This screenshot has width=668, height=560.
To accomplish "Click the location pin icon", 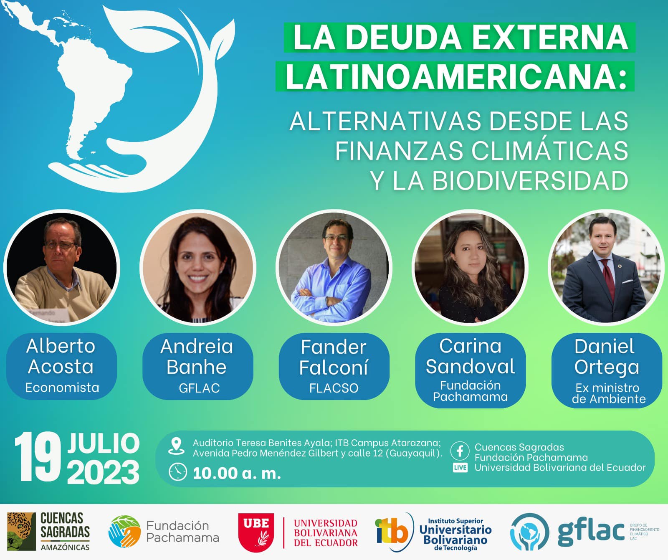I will click(176, 446).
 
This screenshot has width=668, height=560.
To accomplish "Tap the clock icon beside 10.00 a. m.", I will click(177, 472).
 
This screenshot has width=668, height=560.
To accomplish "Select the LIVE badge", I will click(460, 468).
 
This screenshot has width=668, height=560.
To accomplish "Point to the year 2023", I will click(103, 472).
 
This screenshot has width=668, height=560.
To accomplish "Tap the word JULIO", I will click(104, 443).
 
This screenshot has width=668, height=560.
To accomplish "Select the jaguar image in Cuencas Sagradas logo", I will click(21, 532).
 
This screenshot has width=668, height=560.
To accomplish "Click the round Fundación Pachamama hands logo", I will click(124, 532).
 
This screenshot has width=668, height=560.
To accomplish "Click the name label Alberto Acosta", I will click(61, 356).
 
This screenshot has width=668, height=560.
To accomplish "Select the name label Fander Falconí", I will click(334, 357).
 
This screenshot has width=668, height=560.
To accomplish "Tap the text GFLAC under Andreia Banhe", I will click(199, 388).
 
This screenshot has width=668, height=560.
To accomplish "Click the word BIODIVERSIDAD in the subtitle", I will click(530, 180).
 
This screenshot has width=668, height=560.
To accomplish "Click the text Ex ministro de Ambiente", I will click(608, 393).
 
